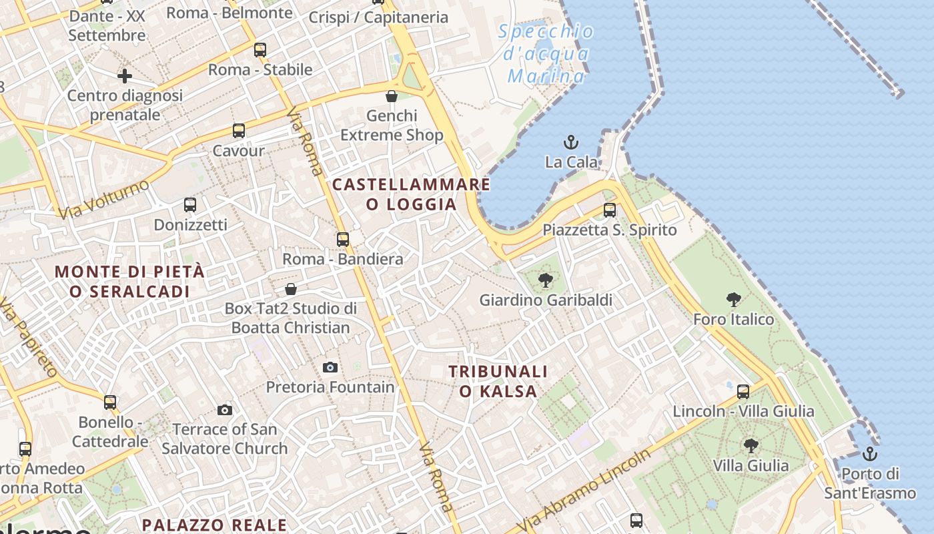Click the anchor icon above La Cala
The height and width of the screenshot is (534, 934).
tap(571, 142)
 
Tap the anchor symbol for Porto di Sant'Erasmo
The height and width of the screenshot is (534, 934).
tap(869, 454)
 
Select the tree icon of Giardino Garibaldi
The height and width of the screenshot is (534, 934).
tap(546, 280)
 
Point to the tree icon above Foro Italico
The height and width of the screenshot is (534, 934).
tap(734, 299)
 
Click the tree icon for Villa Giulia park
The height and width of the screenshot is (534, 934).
tap(751, 445)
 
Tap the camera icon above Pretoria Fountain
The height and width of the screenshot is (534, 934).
tap(330, 367)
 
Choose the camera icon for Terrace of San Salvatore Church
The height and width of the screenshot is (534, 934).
tap(225, 410)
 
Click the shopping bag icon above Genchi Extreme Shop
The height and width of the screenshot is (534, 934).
tap(392, 96)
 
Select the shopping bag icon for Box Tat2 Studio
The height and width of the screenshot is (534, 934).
tap(291, 289)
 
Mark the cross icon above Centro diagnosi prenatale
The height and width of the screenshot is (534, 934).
tap(125, 76)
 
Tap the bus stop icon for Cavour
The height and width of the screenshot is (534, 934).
tap(239, 131)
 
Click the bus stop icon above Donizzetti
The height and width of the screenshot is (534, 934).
tap(190, 205)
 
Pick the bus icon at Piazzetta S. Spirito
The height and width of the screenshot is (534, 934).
tap(609, 210)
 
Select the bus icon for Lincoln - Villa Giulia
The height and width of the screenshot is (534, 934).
tap(743, 391)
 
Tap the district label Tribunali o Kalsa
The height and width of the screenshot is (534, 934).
tap(498, 381)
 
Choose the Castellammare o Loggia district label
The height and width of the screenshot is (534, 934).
tap(411, 194)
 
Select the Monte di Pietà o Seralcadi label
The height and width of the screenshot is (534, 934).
tap(129, 281)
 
